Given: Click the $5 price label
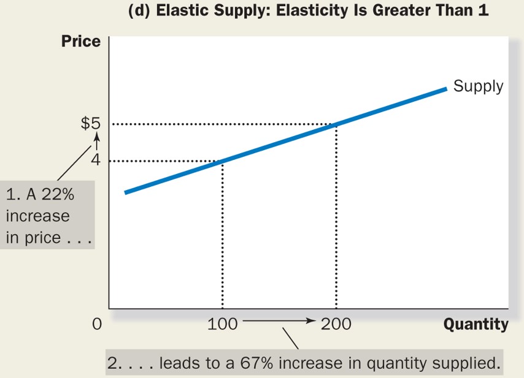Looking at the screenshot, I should [x=90, y=123].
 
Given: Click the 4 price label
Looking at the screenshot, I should [x=95, y=161].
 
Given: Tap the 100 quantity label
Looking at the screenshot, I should [x=222, y=324].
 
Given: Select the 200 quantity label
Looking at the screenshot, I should [x=336, y=324].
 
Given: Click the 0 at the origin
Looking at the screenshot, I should [x=96, y=324].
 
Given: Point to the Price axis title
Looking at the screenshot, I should [x=80, y=42].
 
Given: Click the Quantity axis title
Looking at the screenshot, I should [x=476, y=324].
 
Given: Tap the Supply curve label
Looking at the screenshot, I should [x=478, y=86].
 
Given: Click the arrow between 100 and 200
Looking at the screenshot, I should [x=279, y=320].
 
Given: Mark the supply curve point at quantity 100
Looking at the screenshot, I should [x=222, y=161].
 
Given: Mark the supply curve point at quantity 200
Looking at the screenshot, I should [x=336, y=124].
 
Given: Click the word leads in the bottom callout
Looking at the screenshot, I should [x=180, y=363].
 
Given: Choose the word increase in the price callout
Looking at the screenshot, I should [x=37, y=216].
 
